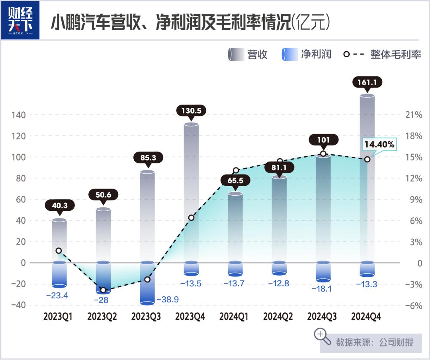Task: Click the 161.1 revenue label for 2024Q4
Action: [x=367, y=83]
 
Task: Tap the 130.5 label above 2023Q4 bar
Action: [x=191, y=111]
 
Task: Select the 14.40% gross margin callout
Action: [x=379, y=145]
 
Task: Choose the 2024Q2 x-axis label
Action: [x=279, y=317]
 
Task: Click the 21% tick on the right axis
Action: [x=414, y=115]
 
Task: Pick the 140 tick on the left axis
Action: [x=18, y=115]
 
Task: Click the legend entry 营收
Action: [x=257, y=54]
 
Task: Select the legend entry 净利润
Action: [x=316, y=54]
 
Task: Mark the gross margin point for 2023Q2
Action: [x=103, y=290]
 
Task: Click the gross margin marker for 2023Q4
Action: [x=191, y=218]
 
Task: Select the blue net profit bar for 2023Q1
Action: [x=59, y=274]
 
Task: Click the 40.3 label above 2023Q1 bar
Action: [x=59, y=206]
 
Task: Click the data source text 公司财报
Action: [x=396, y=342]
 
